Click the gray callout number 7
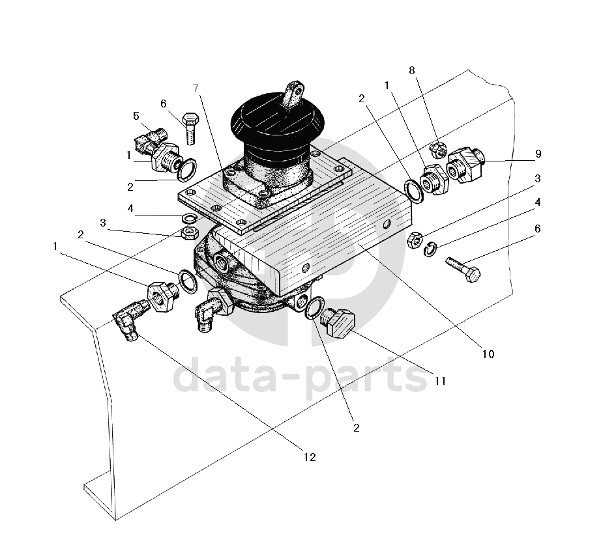click(195, 87)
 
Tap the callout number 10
click(488, 354)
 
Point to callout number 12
click(310, 457)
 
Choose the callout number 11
click(440, 381)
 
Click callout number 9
click(538, 154)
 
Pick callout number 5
click(136, 116)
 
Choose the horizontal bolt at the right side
click(463, 269)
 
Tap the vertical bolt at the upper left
click(190, 128)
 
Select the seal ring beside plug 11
click(314, 307)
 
